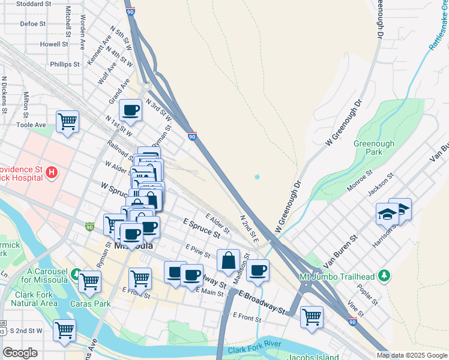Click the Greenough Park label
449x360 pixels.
[x=373, y=148]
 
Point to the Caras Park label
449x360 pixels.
[x=95, y=304]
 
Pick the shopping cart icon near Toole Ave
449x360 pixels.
[x=67, y=121]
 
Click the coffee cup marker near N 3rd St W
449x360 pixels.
[x=130, y=110]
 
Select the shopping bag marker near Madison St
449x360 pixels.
[x=228, y=260]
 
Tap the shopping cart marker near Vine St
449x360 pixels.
[x=312, y=316]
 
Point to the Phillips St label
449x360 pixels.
[x=65, y=64]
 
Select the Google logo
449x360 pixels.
[x=20, y=353]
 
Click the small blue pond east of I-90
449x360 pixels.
[x=257, y=177]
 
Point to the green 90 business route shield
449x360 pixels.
[x=89, y=227]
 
